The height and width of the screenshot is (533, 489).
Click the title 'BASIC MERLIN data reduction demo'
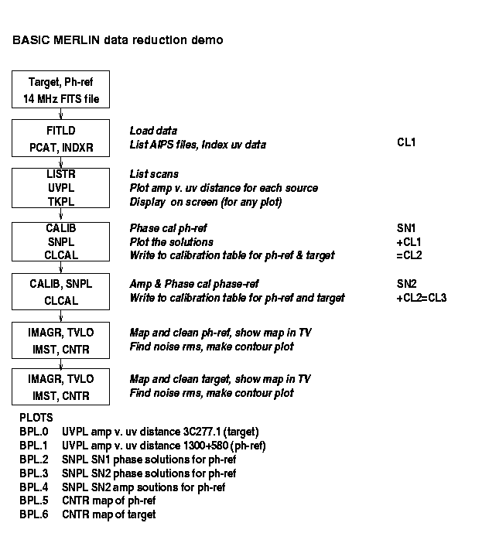[x=118, y=40]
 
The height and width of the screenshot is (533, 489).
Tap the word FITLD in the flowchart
[x=61, y=131]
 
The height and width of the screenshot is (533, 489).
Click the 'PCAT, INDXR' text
[x=61, y=148]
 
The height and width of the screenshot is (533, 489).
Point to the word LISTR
[x=61, y=174]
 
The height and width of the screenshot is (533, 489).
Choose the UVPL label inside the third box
[x=61, y=188]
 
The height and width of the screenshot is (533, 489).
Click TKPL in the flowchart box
[x=61, y=202]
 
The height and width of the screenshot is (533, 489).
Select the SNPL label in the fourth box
[x=61, y=242]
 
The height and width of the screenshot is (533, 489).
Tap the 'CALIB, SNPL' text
[x=61, y=284]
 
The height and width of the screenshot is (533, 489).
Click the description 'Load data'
[x=153, y=131]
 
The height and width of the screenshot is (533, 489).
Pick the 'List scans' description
[x=154, y=174]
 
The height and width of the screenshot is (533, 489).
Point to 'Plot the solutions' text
[x=172, y=242]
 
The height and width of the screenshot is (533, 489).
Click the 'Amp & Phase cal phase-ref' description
[x=194, y=284]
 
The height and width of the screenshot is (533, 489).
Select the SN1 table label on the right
[x=406, y=228]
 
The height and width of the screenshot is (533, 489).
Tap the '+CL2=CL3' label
[x=422, y=298]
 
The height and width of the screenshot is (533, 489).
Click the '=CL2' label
[x=409, y=255]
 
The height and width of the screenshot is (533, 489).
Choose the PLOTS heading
[x=36, y=418]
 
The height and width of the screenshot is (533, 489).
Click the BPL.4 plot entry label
[x=34, y=487]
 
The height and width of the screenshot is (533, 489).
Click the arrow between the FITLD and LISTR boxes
[x=60, y=162]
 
